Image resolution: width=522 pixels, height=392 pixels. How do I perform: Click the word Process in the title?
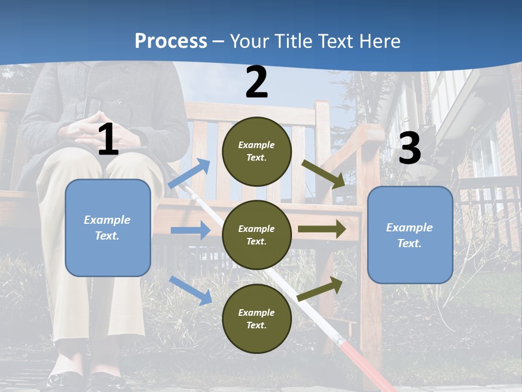171,41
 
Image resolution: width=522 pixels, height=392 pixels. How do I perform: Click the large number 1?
108,140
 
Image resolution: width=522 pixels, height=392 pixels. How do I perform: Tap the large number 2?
257,83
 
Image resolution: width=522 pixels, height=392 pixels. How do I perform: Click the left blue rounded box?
108,228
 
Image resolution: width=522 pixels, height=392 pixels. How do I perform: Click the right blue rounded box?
410,235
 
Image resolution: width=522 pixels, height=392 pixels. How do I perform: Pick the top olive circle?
257,151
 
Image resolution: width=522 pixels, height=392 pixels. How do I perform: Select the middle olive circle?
257,235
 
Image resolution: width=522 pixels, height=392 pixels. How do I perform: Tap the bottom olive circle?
257,318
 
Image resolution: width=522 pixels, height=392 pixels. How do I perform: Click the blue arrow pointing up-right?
189,174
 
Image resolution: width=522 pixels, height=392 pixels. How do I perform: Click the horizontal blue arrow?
190,230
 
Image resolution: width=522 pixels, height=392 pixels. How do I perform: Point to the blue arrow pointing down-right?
190,290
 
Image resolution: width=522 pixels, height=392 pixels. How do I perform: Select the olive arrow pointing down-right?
324,174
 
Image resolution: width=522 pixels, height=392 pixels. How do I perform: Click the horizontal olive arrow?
322,229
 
